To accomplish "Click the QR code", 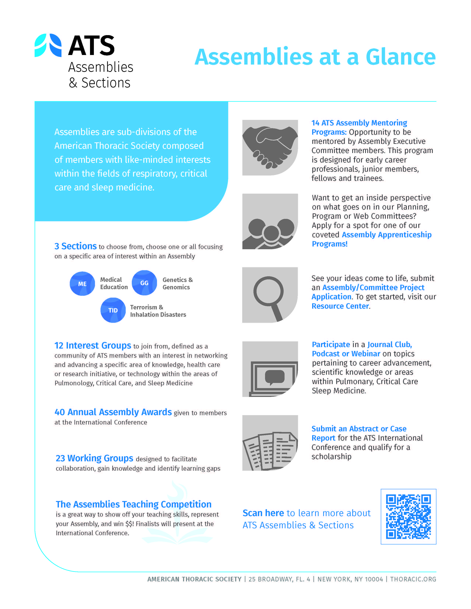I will click(408, 516).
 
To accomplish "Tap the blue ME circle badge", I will click(82, 284).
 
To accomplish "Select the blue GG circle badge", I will click(144, 283).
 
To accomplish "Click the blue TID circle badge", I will click(113, 310).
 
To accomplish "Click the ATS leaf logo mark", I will click(48, 45).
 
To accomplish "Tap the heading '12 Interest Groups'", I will click(93, 345).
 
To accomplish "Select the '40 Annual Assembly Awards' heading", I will click(113, 412).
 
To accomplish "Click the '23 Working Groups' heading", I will click(94, 458).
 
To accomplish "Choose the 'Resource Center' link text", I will click(340, 306).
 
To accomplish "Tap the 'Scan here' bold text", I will click(263, 513).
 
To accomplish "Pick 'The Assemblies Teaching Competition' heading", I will click(133, 504).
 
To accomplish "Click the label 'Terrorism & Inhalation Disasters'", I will click(158, 311).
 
